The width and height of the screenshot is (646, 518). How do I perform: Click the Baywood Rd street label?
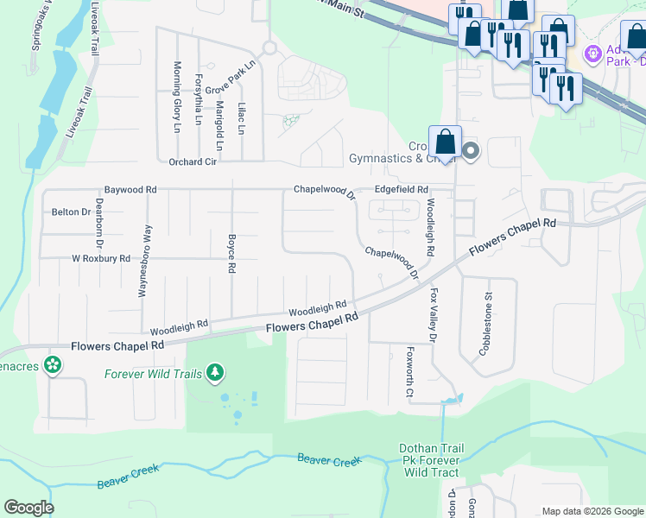pyautogui.click(x=130, y=189)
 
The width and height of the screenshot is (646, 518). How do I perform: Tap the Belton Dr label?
pyautogui.click(x=71, y=212)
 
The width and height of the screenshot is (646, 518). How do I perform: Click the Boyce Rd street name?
pyautogui.click(x=231, y=253)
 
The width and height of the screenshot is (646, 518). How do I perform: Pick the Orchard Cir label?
pyautogui.click(x=193, y=161)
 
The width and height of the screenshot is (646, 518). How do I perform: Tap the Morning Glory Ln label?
pyautogui.click(x=176, y=97)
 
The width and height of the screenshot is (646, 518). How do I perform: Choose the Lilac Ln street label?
pyautogui.click(x=241, y=119)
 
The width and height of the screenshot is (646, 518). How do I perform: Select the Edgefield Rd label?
pyautogui.click(x=401, y=189)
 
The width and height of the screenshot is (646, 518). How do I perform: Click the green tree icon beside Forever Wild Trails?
pyautogui.click(x=214, y=373)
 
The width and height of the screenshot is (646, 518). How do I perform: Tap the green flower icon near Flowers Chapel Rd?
pyautogui.click(x=54, y=365)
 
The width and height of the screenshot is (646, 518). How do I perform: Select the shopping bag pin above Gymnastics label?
pyautogui.click(x=445, y=141)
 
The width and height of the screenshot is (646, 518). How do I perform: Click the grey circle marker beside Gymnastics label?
pyautogui.click(x=471, y=153)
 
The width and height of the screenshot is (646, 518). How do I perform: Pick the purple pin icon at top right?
pyautogui.click(x=592, y=54)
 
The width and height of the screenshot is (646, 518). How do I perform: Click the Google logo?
pyautogui.click(x=28, y=508)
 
